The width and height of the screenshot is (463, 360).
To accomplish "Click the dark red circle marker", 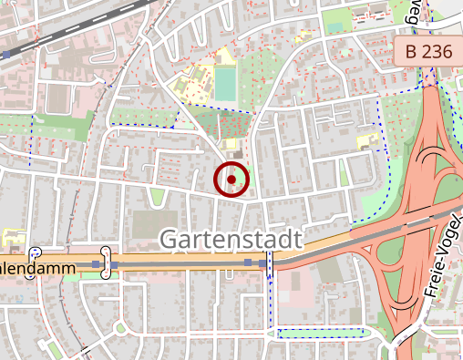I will click(x=231, y=180).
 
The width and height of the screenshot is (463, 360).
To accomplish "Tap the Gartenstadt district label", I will click(x=231, y=241).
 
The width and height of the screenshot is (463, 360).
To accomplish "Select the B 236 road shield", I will click(x=425, y=52).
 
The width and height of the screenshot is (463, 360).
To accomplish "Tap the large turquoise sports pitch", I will click(x=224, y=85).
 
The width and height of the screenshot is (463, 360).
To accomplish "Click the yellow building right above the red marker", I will click(x=231, y=143).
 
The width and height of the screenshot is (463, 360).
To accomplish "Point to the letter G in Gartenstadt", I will click(x=170, y=241).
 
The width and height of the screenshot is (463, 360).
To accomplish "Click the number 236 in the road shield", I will click(x=436, y=52).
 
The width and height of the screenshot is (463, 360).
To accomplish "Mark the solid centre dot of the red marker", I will click(x=231, y=180).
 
